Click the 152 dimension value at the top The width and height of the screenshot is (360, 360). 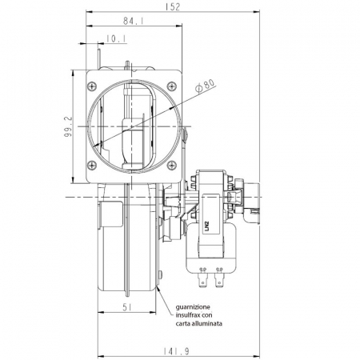click(x=173, y=6)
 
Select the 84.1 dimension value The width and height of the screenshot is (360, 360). click(x=133, y=21)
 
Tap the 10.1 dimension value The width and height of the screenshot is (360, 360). click(x=116, y=39)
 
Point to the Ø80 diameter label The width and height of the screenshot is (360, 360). click(x=205, y=86)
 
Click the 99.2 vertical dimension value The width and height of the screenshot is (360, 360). click(x=68, y=126)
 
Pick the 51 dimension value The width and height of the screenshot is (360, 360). click(x=128, y=308)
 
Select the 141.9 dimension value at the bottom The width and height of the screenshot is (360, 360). click(x=176, y=351)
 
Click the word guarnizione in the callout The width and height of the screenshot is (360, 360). click(x=193, y=307)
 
